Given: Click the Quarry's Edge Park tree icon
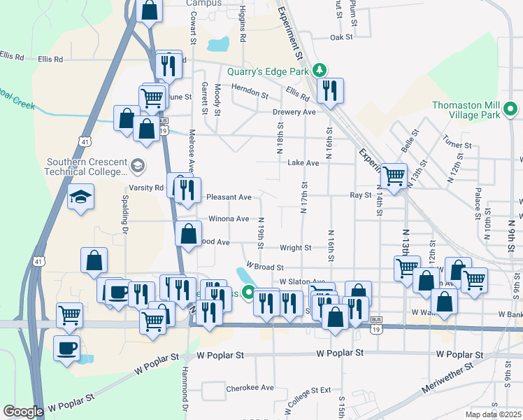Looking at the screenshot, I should point(320,69).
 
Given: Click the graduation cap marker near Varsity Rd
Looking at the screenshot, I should point(80,197).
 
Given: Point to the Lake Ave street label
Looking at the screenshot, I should point(303,162).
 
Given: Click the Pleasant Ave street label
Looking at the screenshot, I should point(229,197).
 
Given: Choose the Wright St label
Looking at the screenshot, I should point(296,248).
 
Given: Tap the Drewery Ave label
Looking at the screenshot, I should point(294,112).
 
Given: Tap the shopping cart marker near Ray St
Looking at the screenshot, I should point(394,175).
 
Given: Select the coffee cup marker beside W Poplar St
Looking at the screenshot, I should point(67,348).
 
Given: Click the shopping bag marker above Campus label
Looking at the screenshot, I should point(150,10).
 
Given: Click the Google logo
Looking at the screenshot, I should point(23,412).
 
